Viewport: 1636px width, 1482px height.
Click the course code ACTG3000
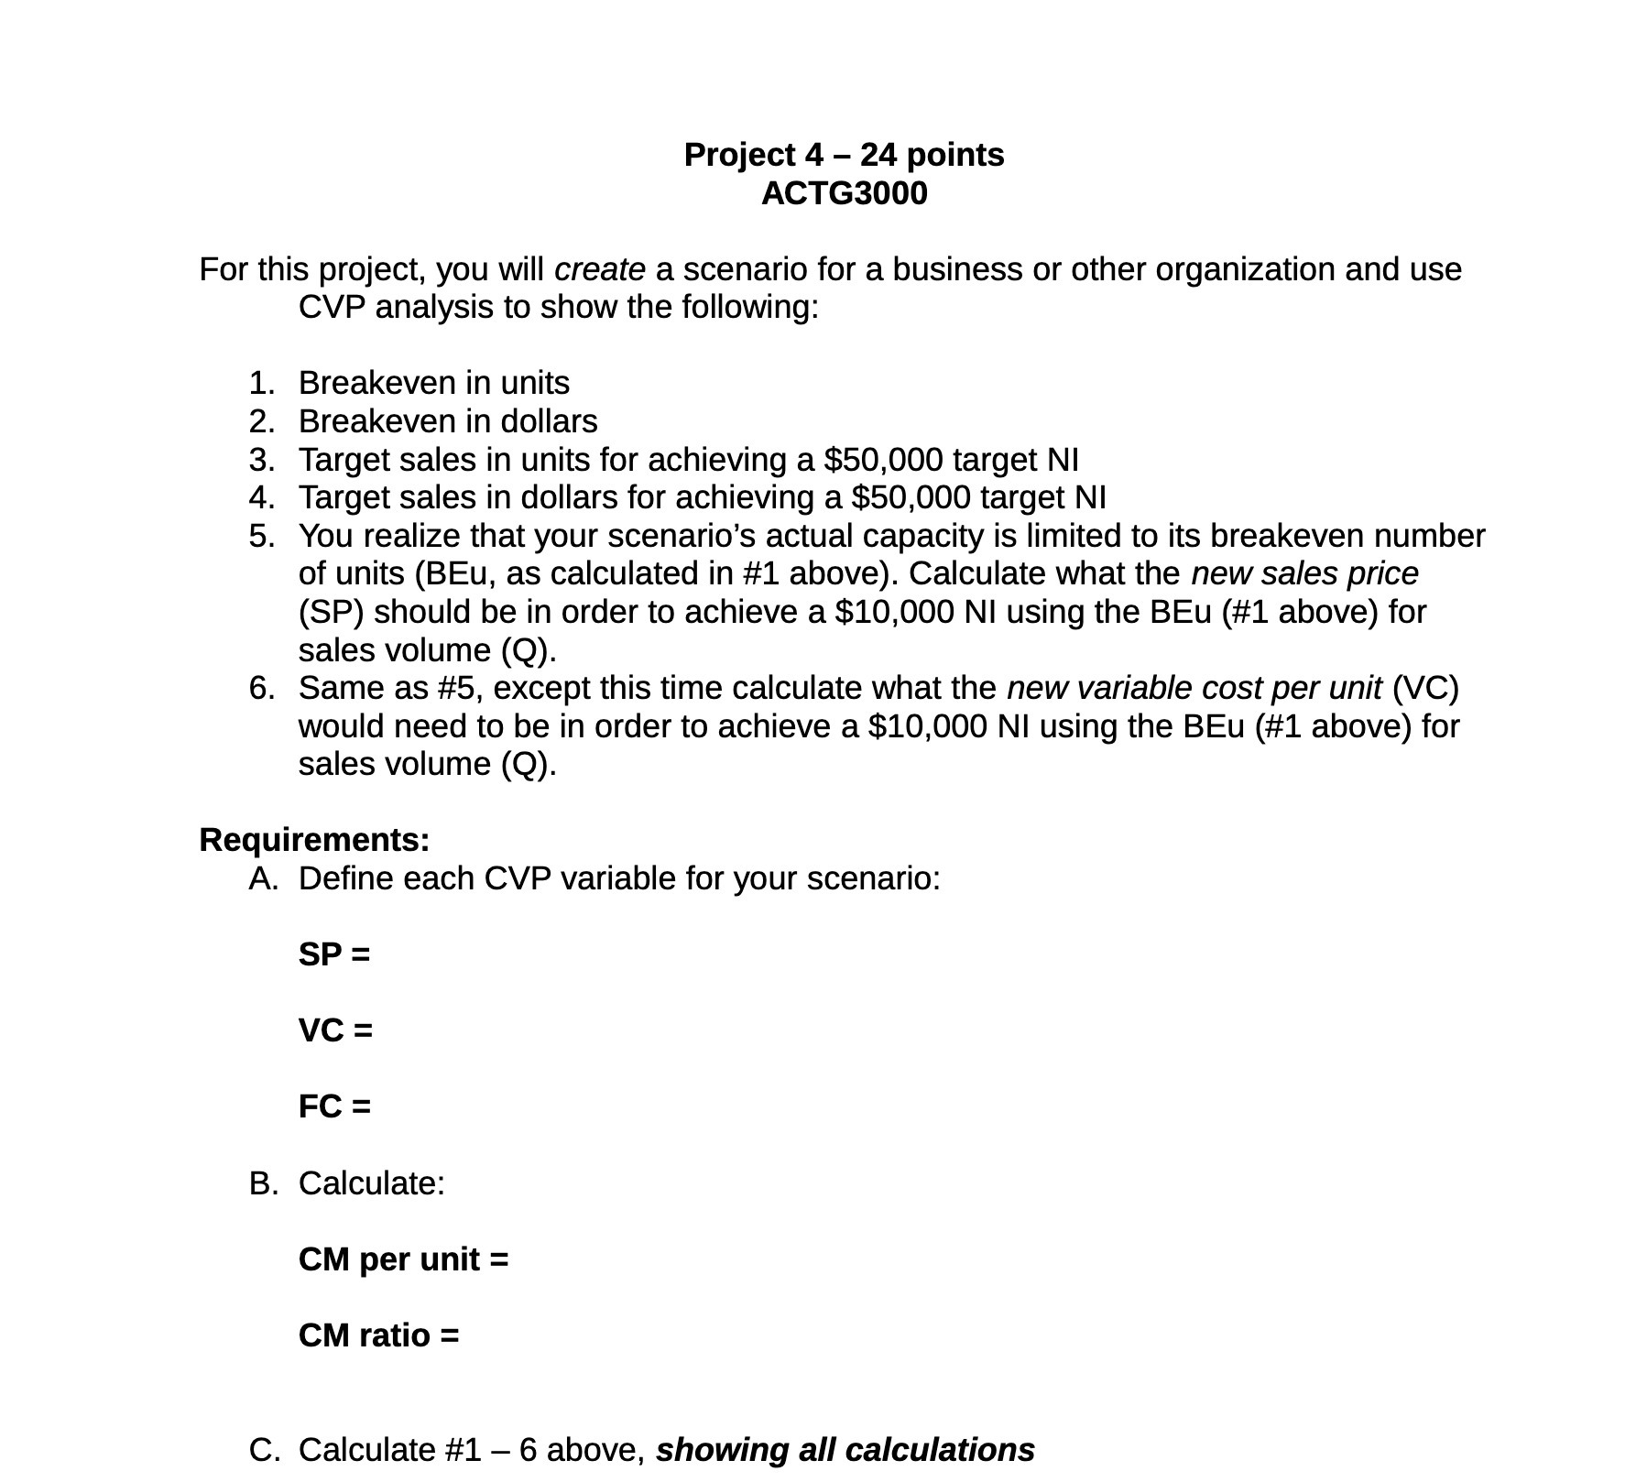(844, 194)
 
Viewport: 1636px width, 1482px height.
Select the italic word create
(600, 269)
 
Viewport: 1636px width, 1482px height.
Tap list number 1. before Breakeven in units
(261, 383)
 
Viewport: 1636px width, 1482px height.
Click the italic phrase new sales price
(1303, 573)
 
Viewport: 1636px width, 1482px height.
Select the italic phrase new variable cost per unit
(1193, 688)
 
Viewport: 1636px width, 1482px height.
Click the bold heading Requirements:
(314, 840)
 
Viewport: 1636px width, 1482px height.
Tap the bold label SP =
(334, 954)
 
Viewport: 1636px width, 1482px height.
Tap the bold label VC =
(335, 1030)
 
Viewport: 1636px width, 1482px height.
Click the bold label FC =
(334, 1106)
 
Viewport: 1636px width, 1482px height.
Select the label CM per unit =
(403, 1259)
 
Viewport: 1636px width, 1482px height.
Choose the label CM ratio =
(378, 1335)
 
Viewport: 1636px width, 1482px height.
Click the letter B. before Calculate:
(262, 1183)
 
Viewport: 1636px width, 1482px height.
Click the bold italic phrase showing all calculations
(845, 1450)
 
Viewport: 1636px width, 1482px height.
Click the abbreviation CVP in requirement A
(518, 878)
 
